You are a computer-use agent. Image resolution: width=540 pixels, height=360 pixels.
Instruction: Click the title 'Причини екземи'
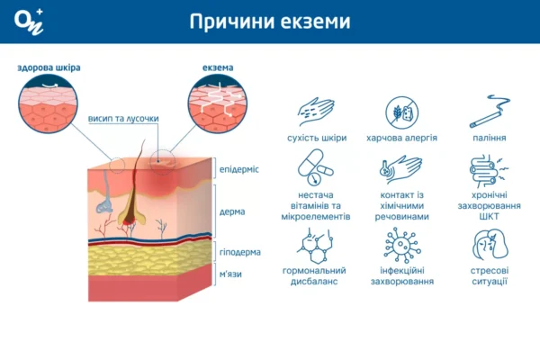coord(270,22)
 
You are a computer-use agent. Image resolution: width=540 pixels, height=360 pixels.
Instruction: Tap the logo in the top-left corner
coord(26,22)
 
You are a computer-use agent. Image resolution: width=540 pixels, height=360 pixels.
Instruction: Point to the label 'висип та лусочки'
coord(124,118)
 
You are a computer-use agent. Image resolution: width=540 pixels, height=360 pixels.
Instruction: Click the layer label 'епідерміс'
coord(238,169)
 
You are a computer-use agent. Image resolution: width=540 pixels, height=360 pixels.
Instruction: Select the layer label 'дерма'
coord(232,212)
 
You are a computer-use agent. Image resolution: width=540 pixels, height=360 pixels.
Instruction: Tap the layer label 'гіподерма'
coord(238,253)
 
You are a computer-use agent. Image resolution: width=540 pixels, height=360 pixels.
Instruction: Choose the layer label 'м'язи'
coord(231,273)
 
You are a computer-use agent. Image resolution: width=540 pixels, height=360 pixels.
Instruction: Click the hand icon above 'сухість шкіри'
coord(316,112)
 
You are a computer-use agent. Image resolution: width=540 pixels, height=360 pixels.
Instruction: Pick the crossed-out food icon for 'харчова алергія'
coord(401,112)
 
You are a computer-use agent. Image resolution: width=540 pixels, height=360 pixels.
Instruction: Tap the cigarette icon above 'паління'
coord(489,112)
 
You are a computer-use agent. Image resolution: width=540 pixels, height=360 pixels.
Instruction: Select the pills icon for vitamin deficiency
coord(315,167)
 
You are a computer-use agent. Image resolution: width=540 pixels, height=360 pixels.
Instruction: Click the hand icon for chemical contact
coord(401,167)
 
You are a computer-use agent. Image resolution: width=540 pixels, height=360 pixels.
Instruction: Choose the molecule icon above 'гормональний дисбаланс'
coord(315,244)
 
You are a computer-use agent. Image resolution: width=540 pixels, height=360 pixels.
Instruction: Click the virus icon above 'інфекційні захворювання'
coord(401,244)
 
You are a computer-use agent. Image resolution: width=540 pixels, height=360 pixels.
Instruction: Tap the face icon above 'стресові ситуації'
coord(489,244)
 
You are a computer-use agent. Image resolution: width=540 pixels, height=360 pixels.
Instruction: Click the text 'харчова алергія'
coord(401,138)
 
